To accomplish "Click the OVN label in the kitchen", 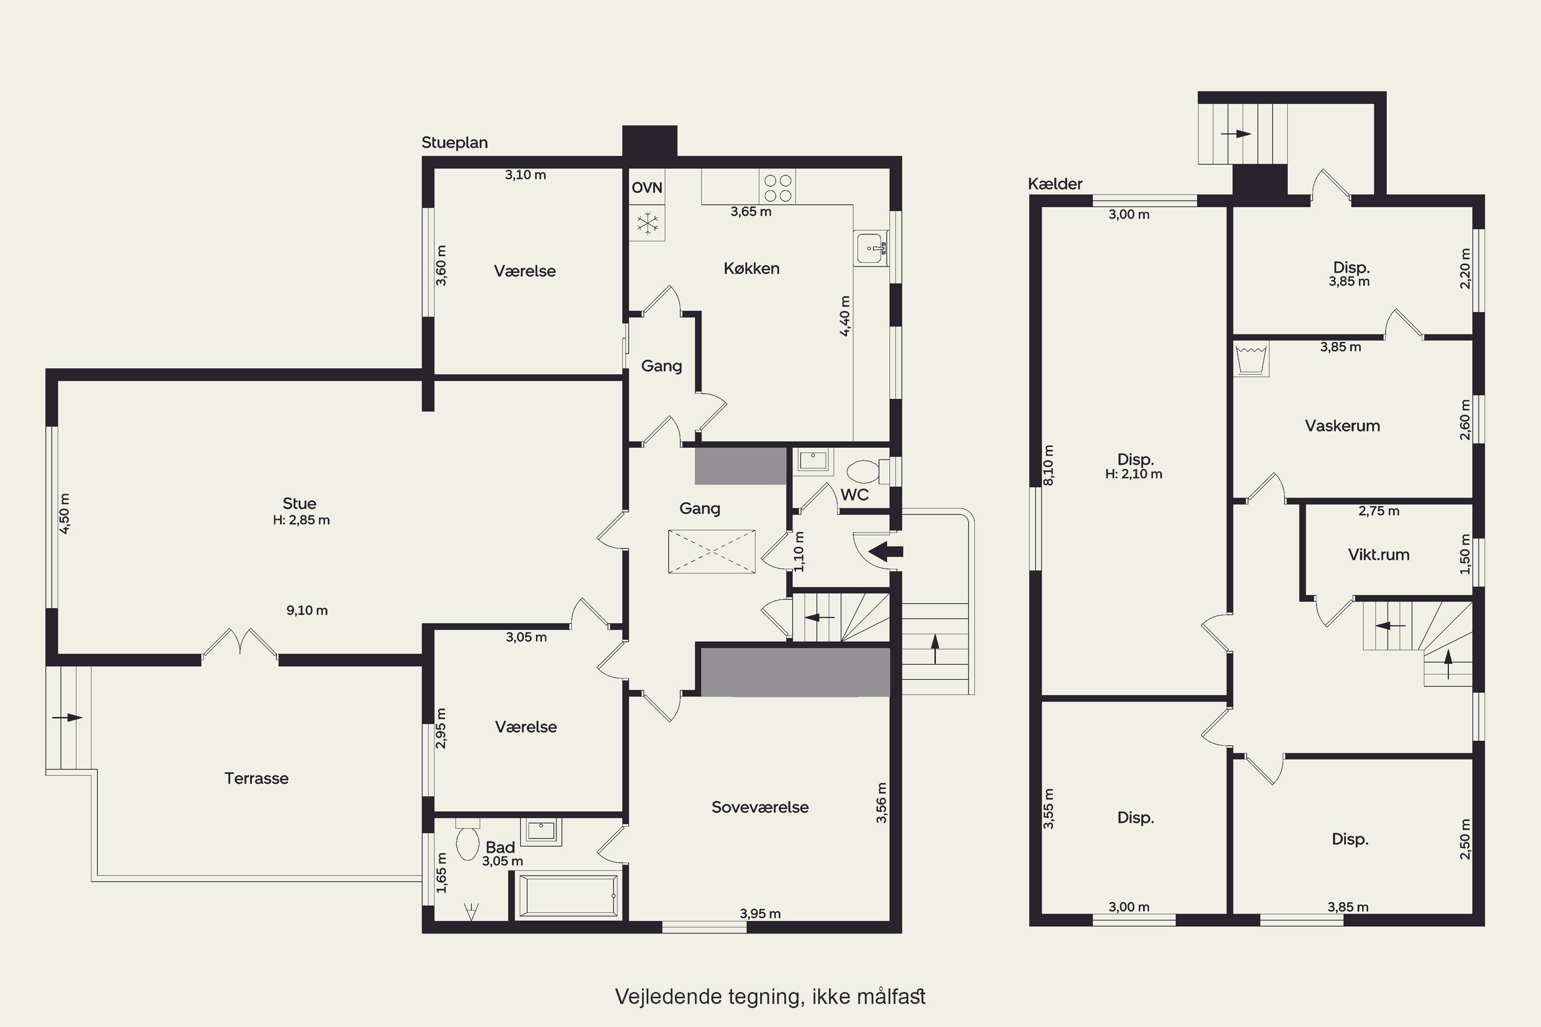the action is (647, 188).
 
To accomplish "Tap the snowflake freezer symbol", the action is (648, 223).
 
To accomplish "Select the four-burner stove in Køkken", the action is (778, 187).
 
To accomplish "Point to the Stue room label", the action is (299, 504).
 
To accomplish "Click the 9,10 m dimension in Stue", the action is (307, 611).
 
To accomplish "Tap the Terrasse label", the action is (256, 778).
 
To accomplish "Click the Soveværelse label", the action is (760, 807).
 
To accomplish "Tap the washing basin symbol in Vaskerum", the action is (1251, 358).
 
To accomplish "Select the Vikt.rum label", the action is (1379, 555).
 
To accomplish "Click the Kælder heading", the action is (1055, 184).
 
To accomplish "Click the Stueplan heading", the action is (455, 143).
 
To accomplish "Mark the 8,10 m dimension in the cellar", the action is (1048, 465).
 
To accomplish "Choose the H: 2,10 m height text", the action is (1134, 473).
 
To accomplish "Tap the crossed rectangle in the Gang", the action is (711, 551).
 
